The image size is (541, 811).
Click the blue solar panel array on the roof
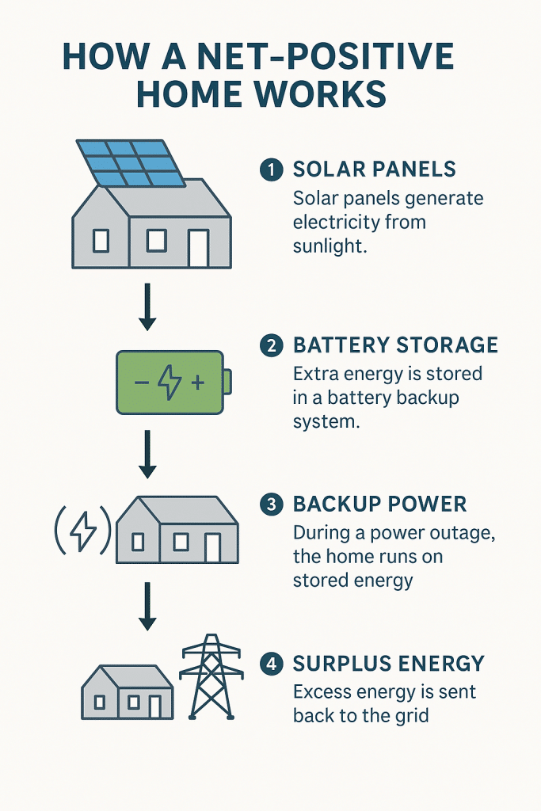(x=131, y=163)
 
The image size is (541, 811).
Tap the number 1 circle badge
(x=272, y=170)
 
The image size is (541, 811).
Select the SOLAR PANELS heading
(x=375, y=169)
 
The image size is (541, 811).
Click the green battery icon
(x=173, y=383)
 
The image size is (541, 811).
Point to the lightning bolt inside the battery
(x=170, y=383)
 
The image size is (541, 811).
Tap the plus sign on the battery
(x=198, y=383)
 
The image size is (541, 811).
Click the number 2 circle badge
(x=272, y=345)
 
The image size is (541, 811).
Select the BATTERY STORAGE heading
(x=396, y=345)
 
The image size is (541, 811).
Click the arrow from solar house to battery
(x=147, y=307)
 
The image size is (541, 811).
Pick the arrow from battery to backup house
(x=147, y=455)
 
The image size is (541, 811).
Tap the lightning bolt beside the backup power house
(x=82, y=531)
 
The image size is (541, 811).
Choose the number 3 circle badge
(x=272, y=504)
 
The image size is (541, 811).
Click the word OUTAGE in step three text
(x=463, y=533)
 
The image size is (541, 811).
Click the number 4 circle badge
(x=272, y=664)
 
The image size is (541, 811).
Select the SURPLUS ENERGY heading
(x=388, y=664)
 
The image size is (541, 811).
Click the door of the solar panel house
(x=198, y=248)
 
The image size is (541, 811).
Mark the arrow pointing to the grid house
(x=147, y=606)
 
